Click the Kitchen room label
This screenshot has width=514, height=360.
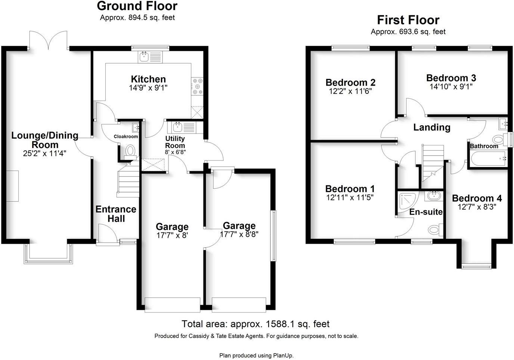click(148, 79)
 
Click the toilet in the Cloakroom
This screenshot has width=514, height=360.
click(130, 151)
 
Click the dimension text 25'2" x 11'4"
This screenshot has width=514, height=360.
click(44, 153)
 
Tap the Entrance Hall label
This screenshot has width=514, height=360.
click(116, 214)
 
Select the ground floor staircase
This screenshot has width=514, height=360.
click(128, 182)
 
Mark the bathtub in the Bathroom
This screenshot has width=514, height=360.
click(488, 159)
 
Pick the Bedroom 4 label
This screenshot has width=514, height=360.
click(477, 198)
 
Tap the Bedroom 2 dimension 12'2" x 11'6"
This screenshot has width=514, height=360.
click(350, 91)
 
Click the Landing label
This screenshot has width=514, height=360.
click(431, 127)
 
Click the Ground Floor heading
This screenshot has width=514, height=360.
click(137, 6)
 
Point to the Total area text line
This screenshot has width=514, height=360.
click(256, 324)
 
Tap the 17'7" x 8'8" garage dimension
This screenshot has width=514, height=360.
click(239, 234)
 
